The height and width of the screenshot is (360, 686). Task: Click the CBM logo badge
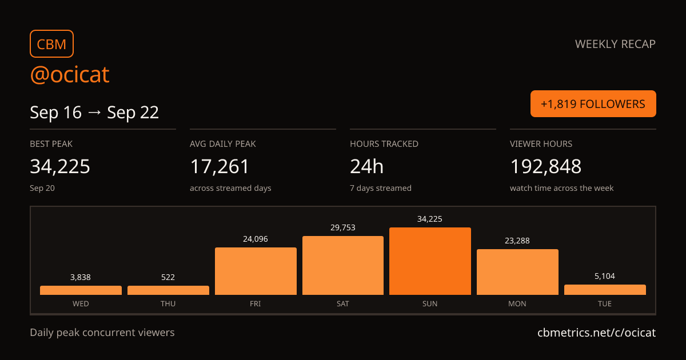point(52,44)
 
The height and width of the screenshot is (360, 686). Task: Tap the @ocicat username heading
point(70,74)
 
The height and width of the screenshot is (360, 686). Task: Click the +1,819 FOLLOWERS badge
point(593,104)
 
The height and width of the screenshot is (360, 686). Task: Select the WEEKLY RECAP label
point(615,44)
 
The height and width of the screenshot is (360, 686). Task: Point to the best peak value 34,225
point(60,166)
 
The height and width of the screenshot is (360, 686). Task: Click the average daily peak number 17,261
point(220,166)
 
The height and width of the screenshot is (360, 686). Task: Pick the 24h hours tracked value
point(366,166)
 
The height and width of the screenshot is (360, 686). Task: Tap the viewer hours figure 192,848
point(545,166)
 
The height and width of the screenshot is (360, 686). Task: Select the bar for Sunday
point(430,261)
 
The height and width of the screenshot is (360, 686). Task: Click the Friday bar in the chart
point(256,271)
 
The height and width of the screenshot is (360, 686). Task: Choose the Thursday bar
point(168,290)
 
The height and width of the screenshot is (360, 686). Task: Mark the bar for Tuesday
point(605,290)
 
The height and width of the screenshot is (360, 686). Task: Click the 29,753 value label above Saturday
point(342,227)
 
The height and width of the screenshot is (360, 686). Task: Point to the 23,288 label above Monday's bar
point(517,241)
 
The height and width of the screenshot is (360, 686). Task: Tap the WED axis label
point(81,303)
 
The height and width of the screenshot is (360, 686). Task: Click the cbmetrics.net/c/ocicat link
point(597,333)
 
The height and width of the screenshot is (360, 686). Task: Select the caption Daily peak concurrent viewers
point(102,333)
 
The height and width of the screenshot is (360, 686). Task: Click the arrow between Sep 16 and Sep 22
point(94,113)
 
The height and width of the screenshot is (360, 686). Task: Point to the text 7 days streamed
point(381,188)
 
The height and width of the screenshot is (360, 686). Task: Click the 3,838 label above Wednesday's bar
point(81,277)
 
